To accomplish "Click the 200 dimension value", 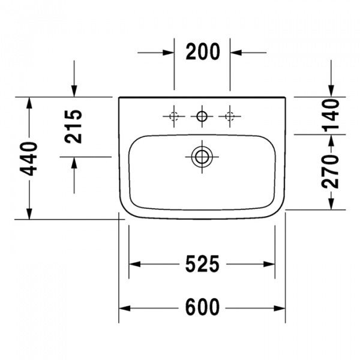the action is point(203,52).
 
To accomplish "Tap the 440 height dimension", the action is point(28,159).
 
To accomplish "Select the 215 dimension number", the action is point(73,127).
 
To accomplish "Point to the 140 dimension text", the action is point(331,116).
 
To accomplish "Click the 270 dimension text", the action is point(331,172).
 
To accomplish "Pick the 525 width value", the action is point(202,264).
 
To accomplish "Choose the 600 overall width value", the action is point(202,307).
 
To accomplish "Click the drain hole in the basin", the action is point(202,157).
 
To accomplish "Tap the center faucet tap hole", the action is point(202,116).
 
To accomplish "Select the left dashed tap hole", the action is point(174,116).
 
